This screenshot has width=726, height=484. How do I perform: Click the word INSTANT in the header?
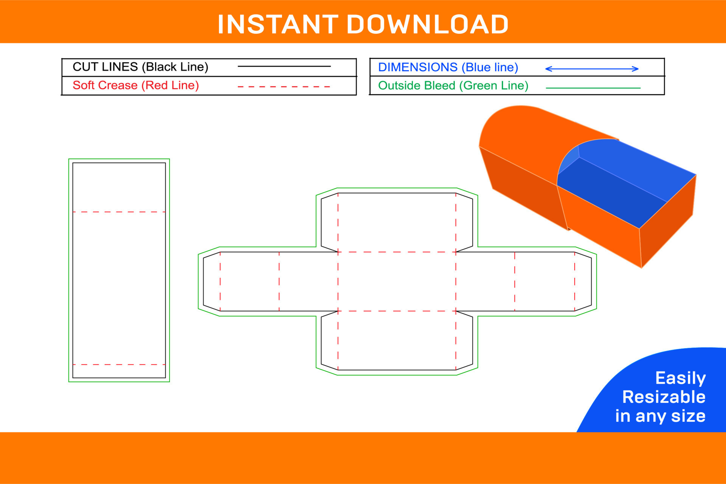(x=278, y=24)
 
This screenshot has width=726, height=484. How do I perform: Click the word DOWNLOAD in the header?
(x=428, y=24)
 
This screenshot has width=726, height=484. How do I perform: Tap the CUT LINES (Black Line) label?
(x=140, y=67)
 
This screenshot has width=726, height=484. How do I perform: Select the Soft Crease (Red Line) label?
(x=136, y=85)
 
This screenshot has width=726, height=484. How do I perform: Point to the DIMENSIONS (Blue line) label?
(x=448, y=67)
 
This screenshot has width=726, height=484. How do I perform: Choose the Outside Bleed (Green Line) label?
(x=453, y=86)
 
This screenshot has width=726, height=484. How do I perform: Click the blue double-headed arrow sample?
(x=592, y=69)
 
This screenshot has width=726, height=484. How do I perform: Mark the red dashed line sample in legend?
(x=284, y=87)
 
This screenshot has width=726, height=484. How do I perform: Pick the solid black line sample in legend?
(x=284, y=66)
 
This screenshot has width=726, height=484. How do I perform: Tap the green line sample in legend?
(x=593, y=88)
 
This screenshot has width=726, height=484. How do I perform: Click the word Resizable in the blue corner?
(x=664, y=397)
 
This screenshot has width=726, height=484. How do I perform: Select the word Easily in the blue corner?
(x=681, y=378)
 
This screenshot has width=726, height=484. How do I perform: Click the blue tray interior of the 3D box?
(x=620, y=182)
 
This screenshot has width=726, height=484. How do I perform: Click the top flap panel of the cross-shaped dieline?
(x=397, y=222)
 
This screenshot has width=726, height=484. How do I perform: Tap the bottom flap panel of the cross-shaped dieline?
(x=397, y=340)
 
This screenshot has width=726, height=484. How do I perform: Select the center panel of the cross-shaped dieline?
(x=397, y=281)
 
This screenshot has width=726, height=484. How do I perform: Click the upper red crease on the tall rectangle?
(x=119, y=212)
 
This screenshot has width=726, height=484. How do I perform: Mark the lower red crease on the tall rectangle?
(x=119, y=365)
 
